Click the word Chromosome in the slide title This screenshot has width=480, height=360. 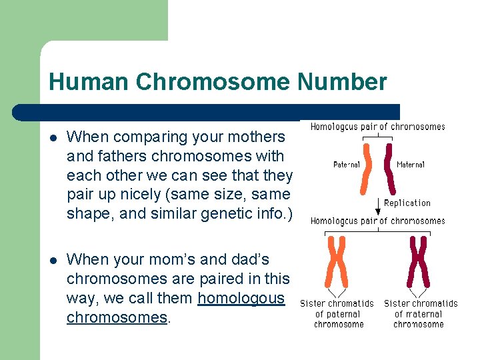213,82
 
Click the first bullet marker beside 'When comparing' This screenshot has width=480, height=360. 53,138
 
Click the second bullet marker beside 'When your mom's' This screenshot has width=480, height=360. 53,260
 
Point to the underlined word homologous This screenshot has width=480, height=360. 241,298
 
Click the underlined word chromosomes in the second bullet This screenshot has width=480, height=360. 117,317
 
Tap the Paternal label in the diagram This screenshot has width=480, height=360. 347,164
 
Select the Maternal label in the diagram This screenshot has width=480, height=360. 410,164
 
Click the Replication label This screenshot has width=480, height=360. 407,203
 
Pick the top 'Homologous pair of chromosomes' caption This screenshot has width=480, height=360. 377,127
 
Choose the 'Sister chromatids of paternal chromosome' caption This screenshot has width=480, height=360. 339,314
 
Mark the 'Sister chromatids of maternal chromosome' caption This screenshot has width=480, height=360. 420,314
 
